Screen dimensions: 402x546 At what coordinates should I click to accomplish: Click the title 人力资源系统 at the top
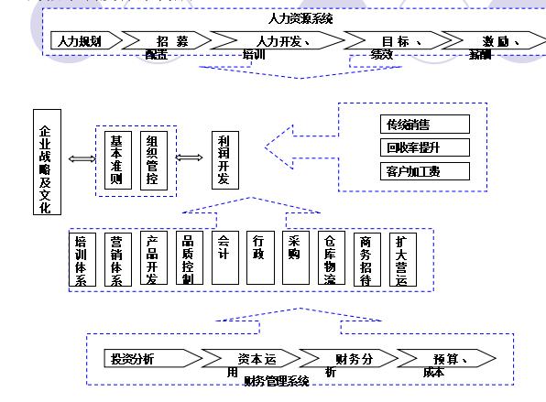click(x=300, y=18)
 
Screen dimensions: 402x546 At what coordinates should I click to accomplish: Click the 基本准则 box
click(x=115, y=160)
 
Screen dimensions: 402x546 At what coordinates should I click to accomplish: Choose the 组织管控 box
click(x=152, y=160)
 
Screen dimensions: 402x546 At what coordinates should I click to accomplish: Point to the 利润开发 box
click(x=224, y=160)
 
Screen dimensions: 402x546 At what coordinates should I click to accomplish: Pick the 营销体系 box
click(x=116, y=260)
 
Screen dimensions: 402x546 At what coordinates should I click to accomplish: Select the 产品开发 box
click(x=152, y=260)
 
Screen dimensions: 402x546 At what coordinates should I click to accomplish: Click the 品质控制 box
click(x=188, y=260)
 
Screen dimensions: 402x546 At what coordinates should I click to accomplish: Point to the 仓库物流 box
click(x=330, y=260)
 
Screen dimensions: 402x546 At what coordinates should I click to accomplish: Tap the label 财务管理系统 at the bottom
click(x=276, y=381)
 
